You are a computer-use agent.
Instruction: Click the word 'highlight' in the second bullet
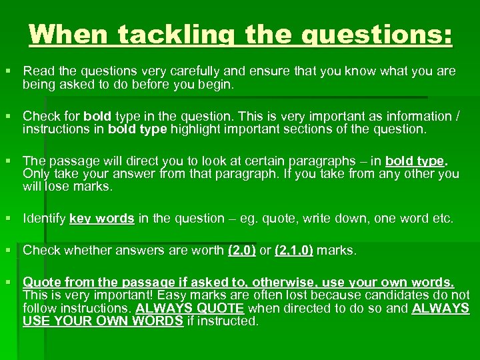(200, 129)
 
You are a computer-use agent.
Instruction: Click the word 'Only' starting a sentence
(35, 174)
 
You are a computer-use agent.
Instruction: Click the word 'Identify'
(43, 218)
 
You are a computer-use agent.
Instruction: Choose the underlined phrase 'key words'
(102, 218)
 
